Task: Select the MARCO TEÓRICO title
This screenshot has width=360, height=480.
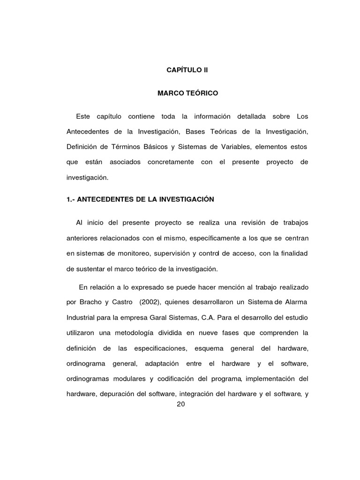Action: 187,93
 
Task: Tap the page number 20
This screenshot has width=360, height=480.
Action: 181,405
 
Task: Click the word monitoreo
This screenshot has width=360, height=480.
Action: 129,254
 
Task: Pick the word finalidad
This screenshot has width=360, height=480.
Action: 292,254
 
